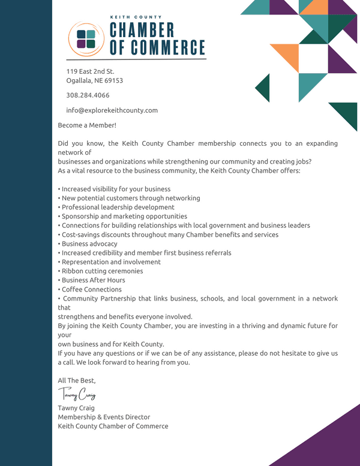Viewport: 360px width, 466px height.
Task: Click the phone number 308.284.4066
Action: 88,95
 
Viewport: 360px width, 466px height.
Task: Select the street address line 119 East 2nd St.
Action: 90,71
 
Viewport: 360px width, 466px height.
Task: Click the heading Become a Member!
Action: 87,125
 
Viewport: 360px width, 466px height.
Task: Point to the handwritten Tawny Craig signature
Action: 77,395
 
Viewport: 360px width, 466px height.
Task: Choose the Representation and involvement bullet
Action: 109,262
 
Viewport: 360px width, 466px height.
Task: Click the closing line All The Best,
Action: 77,380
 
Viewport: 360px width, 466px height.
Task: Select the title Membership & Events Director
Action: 104,417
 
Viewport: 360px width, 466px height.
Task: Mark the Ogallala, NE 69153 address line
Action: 94,80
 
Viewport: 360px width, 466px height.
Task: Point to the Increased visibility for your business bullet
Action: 115,190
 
